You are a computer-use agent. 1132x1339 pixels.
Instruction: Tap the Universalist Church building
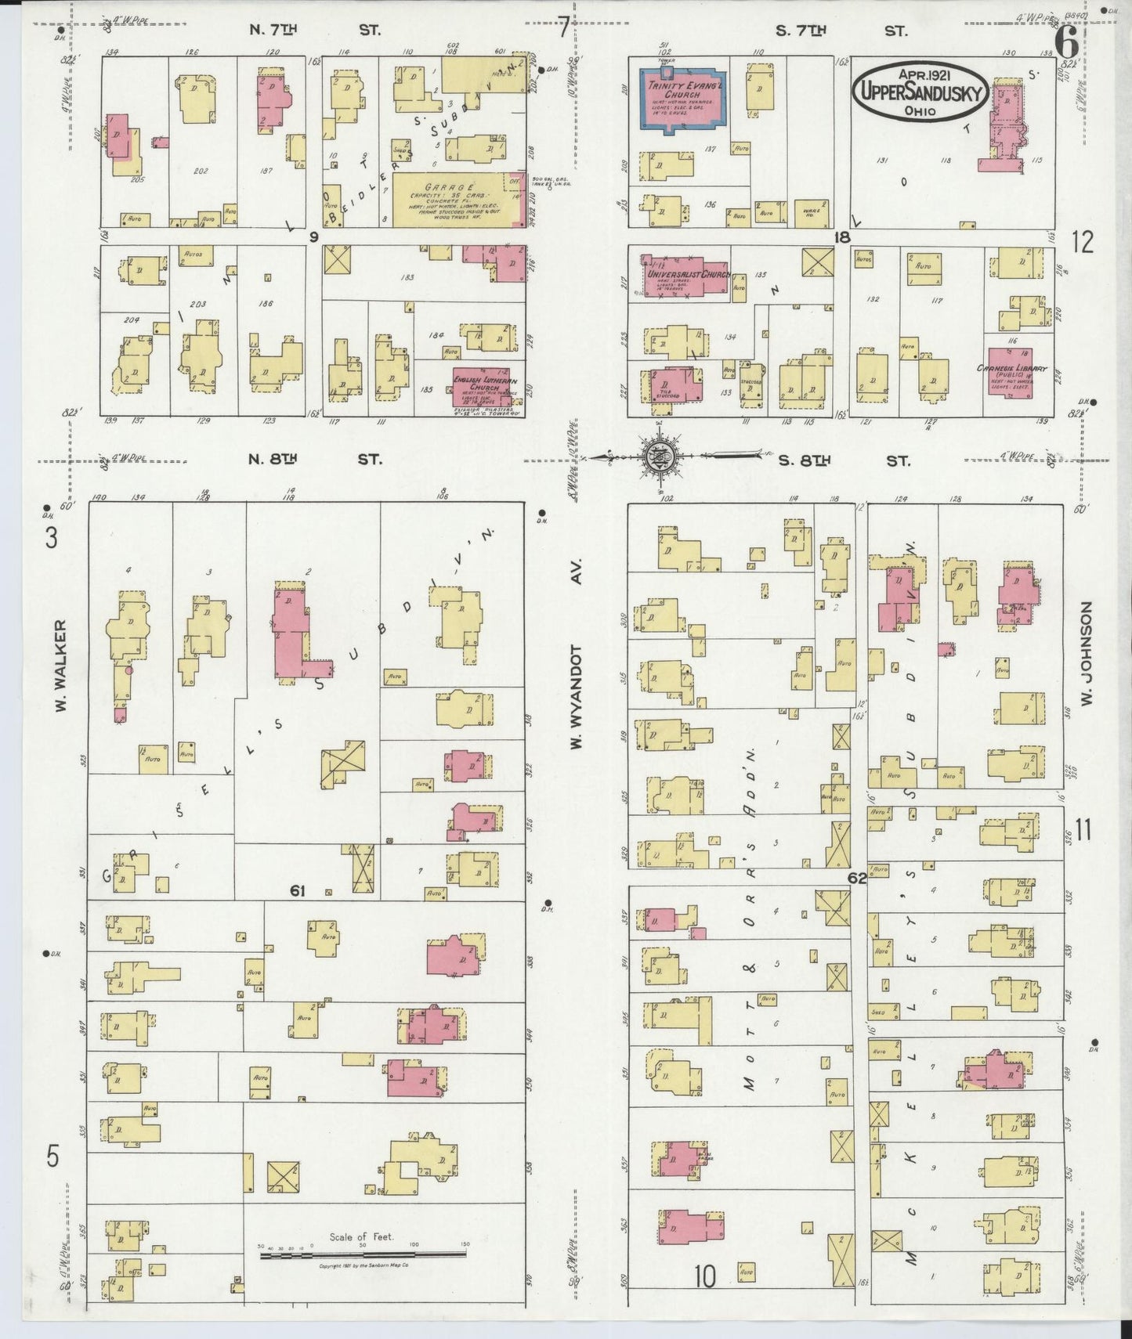[685, 277]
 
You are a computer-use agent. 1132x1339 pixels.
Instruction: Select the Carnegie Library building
[1010, 373]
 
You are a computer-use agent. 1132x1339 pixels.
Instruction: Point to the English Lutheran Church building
[484, 384]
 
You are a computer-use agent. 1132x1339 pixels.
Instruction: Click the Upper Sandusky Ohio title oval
[908, 92]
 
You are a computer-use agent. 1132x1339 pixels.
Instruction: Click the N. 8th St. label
[313, 459]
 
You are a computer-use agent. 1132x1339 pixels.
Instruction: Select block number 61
[297, 890]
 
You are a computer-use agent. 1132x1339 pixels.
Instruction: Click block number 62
[857, 879]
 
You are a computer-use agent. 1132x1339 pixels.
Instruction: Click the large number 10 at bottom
[704, 1277]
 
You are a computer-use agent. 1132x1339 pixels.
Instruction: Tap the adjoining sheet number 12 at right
[1082, 243]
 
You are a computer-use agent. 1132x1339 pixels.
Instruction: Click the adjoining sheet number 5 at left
[52, 1157]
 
